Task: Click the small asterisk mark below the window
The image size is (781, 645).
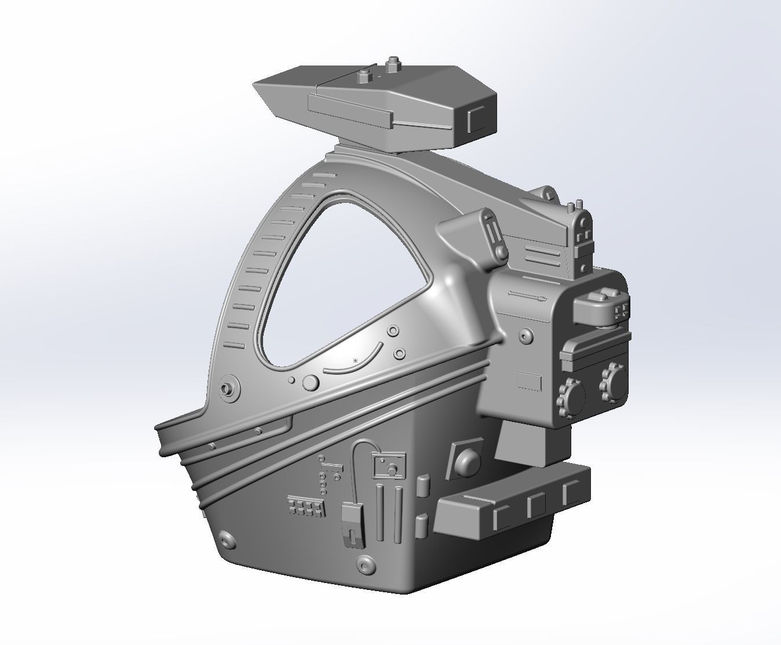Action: [x=356, y=361]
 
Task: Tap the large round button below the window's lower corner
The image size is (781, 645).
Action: [x=311, y=382]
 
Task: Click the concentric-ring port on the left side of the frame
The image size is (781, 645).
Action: [x=228, y=388]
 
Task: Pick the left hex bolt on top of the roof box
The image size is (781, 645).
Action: [x=364, y=75]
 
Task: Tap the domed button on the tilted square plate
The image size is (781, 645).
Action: [x=467, y=461]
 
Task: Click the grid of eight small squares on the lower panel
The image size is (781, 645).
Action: [x=305, y=508]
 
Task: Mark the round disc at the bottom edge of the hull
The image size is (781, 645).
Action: [x=364, y=563]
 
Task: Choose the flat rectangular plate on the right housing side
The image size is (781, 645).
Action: [x=529, y=381]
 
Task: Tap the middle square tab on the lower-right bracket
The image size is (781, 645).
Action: [x=537, y=505]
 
